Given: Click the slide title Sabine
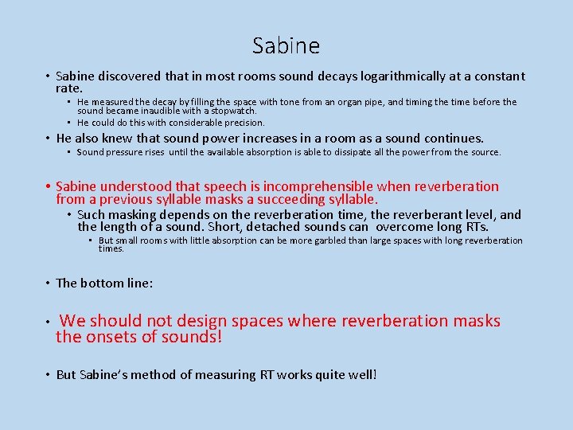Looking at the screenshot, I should point(286,46).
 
